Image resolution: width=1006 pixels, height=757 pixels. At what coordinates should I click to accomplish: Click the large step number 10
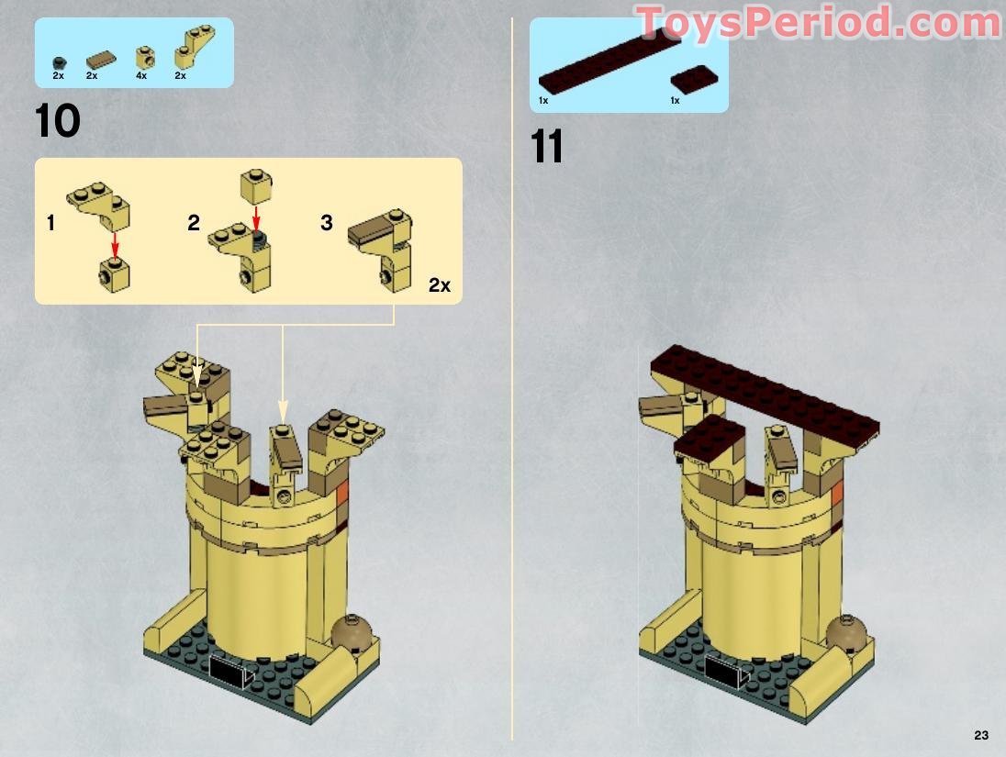coord(58,121)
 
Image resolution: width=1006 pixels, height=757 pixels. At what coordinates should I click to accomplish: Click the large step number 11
coord(547,147)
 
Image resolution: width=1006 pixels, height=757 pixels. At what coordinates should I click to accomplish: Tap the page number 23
coord(981,735)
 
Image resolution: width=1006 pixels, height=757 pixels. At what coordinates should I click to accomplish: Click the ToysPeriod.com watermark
coord(817,22)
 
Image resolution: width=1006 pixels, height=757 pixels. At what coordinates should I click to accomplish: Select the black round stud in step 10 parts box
coord(59,61)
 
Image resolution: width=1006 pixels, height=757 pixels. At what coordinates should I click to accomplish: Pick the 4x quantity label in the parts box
coord(141,75)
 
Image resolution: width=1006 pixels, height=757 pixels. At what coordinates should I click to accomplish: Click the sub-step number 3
coord(327,223)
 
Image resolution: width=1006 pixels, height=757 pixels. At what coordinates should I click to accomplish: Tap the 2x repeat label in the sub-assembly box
coord(440,285)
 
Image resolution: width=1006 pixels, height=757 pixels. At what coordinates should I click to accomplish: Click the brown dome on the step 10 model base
coord(352,632)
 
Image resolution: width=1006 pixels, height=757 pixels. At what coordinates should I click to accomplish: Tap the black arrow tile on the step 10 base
coord(230,673)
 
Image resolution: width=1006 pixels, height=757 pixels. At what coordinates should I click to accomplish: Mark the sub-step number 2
coord(194,223)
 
